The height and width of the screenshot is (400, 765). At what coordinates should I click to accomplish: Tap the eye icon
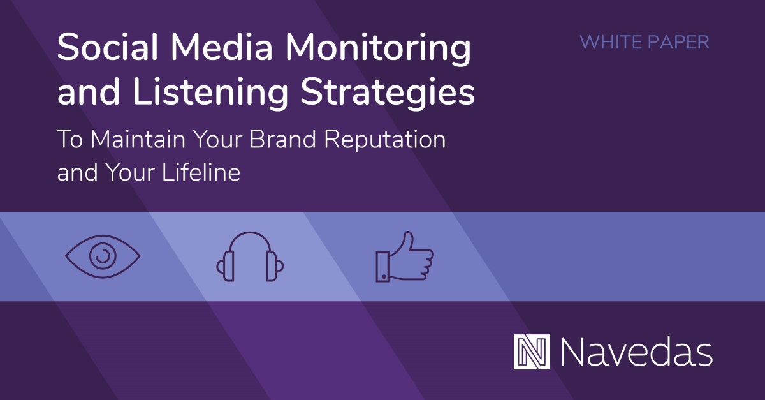click(x=102, y=256)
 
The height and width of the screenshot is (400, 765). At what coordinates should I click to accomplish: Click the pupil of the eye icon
click(x=101, y=256)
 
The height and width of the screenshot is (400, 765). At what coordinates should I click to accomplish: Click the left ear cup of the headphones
click(x=222, y=266)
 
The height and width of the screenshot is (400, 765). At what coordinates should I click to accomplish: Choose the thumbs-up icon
click(x=404, y=256)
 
